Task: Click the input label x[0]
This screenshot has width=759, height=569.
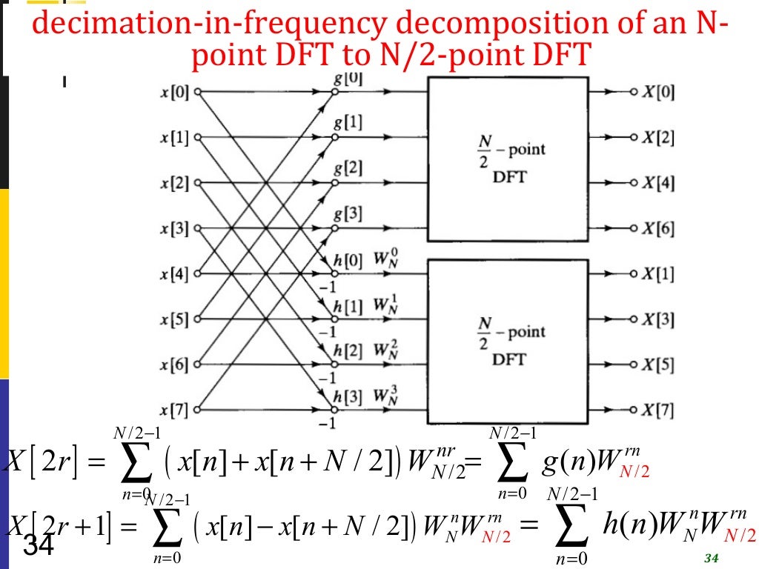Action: point(175,93)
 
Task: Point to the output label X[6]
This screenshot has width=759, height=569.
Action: point(658,229)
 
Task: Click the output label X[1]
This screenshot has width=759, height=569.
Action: point(658,275)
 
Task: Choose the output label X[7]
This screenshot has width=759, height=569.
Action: point(658,410)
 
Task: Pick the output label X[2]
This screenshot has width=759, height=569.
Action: point(658,139)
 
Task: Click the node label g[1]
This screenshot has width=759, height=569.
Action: point(348,123)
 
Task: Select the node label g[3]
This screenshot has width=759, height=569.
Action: point(348,214)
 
